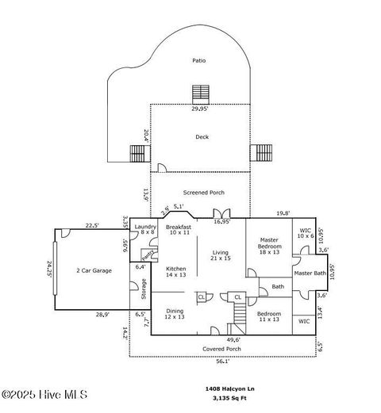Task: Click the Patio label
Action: click(x=198, y=61)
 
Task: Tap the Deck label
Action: click(x=202, y=137)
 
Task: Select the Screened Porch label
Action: click(x=204, y=193)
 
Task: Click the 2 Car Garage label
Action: click(x=94, y=270)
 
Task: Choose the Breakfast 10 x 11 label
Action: click(x=179, y=230)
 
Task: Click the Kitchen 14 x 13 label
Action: click(x=175, y=271)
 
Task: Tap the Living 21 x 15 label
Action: click(x=220, y=254)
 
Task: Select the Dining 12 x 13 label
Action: click(x=175, y=314)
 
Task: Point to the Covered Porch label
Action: click(x=222, y=349)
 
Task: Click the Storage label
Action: click(x=144, y=289)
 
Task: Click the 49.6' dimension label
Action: click(x=234, y=339)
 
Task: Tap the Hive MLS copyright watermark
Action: click(x=44, y=394)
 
